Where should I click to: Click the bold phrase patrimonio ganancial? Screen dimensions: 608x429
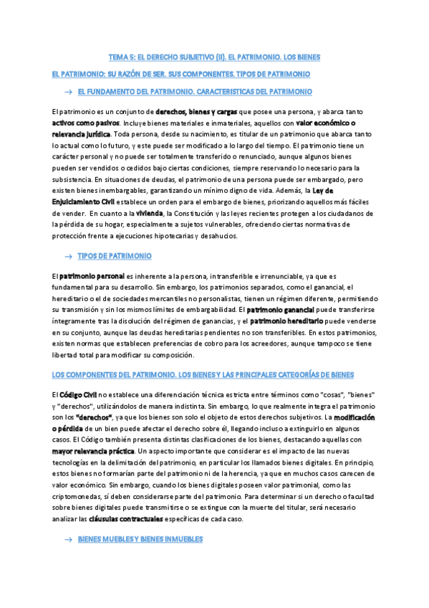(283, 309)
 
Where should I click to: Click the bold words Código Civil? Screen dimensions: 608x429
(79, 394)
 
